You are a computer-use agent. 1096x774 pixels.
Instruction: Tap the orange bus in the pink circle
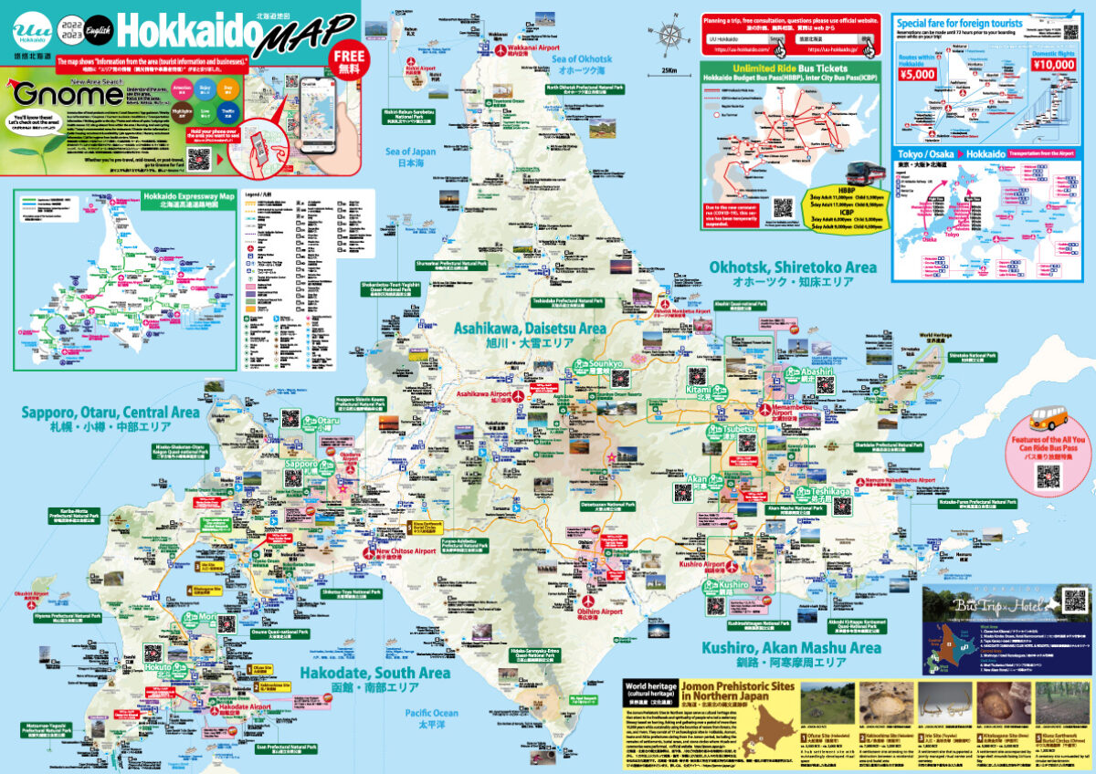pyautogui.click(x=1049, y=422)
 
